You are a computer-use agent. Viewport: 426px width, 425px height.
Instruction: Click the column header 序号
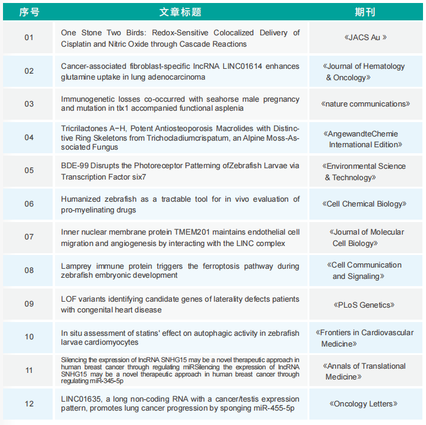29,12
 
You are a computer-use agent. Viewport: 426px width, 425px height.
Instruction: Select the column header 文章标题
180,12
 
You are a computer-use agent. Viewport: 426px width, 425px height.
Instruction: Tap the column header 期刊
366,12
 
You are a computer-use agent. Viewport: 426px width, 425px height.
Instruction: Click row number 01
29,38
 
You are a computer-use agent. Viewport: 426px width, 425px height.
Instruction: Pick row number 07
29,237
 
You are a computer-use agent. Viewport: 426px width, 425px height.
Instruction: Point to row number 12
29,403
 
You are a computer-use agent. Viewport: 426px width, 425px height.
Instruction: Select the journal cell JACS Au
366,37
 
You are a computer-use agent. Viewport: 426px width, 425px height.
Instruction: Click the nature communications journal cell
366,104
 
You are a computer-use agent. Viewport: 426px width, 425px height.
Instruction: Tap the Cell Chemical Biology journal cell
366,204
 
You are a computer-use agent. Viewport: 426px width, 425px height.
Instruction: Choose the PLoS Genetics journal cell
366,305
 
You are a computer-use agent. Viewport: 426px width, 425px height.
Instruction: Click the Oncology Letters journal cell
366,403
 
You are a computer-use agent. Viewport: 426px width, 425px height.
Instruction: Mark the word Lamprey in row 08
76,266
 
